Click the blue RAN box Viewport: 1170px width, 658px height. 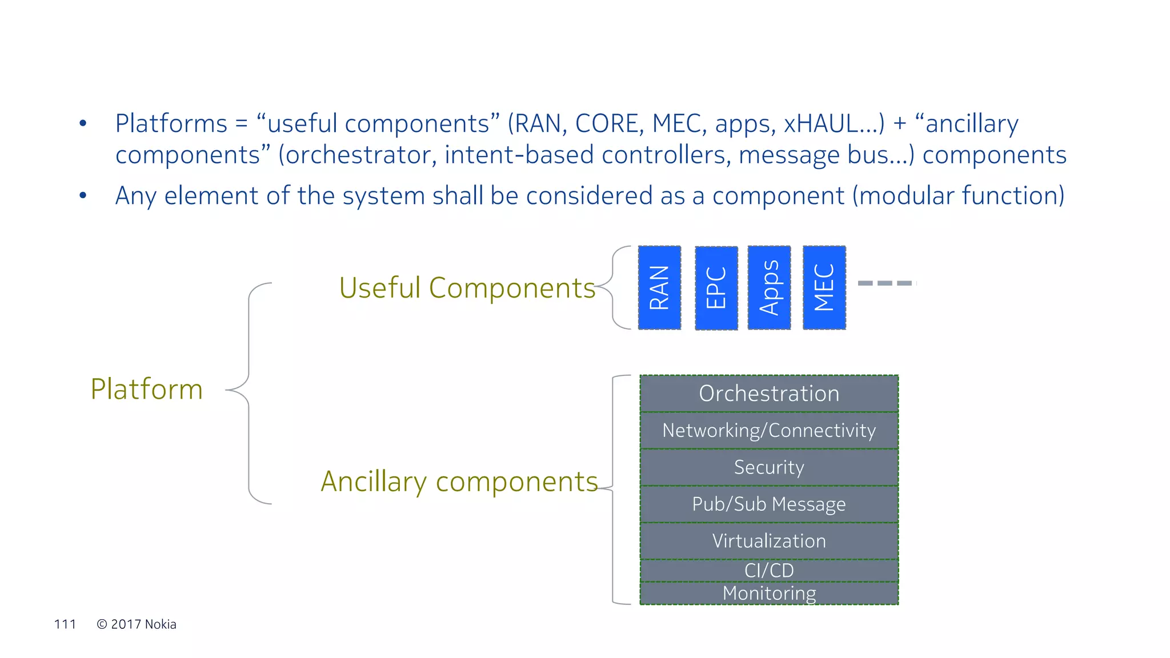point(659,288)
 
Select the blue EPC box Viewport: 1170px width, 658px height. point(716,288)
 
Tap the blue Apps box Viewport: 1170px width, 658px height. point(769,288)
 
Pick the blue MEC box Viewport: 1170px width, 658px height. point(824,288)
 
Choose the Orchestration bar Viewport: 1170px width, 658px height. point(769,394)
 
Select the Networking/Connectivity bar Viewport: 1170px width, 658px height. point(769,430)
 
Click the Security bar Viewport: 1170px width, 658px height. point(769,467)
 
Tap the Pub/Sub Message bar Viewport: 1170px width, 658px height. point(769,504)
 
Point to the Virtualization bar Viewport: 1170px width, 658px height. point(769,541)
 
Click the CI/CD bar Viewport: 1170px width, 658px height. point(769,570)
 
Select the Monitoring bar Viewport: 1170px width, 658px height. point(769,593)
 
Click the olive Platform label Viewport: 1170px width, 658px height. point(147,390)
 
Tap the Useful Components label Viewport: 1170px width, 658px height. point(467,288)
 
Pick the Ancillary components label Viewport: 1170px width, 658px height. point(459,482)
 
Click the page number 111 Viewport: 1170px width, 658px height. point(65,624)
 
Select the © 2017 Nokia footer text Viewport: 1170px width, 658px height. point(137,624)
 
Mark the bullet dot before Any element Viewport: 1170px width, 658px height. point(83,195)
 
